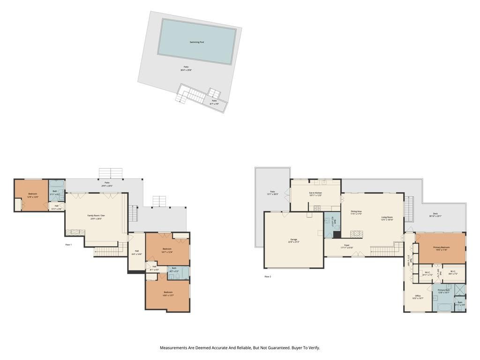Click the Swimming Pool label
pos(196,42)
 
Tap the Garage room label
pos(293,240)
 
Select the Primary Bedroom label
pos(441,247)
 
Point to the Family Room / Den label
pos(96,216)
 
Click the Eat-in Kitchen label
pos(315,193)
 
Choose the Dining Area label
pos(356,211)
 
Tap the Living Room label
pos(387,217)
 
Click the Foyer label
pos(347,245)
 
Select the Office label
pos(418,296)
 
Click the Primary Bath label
pos(443,290)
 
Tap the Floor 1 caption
pos(68,245)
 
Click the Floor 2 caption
pos(268,277)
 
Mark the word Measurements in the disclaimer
pos(173,348)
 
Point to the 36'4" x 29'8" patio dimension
pos(186,70)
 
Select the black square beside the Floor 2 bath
pos(337,234)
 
